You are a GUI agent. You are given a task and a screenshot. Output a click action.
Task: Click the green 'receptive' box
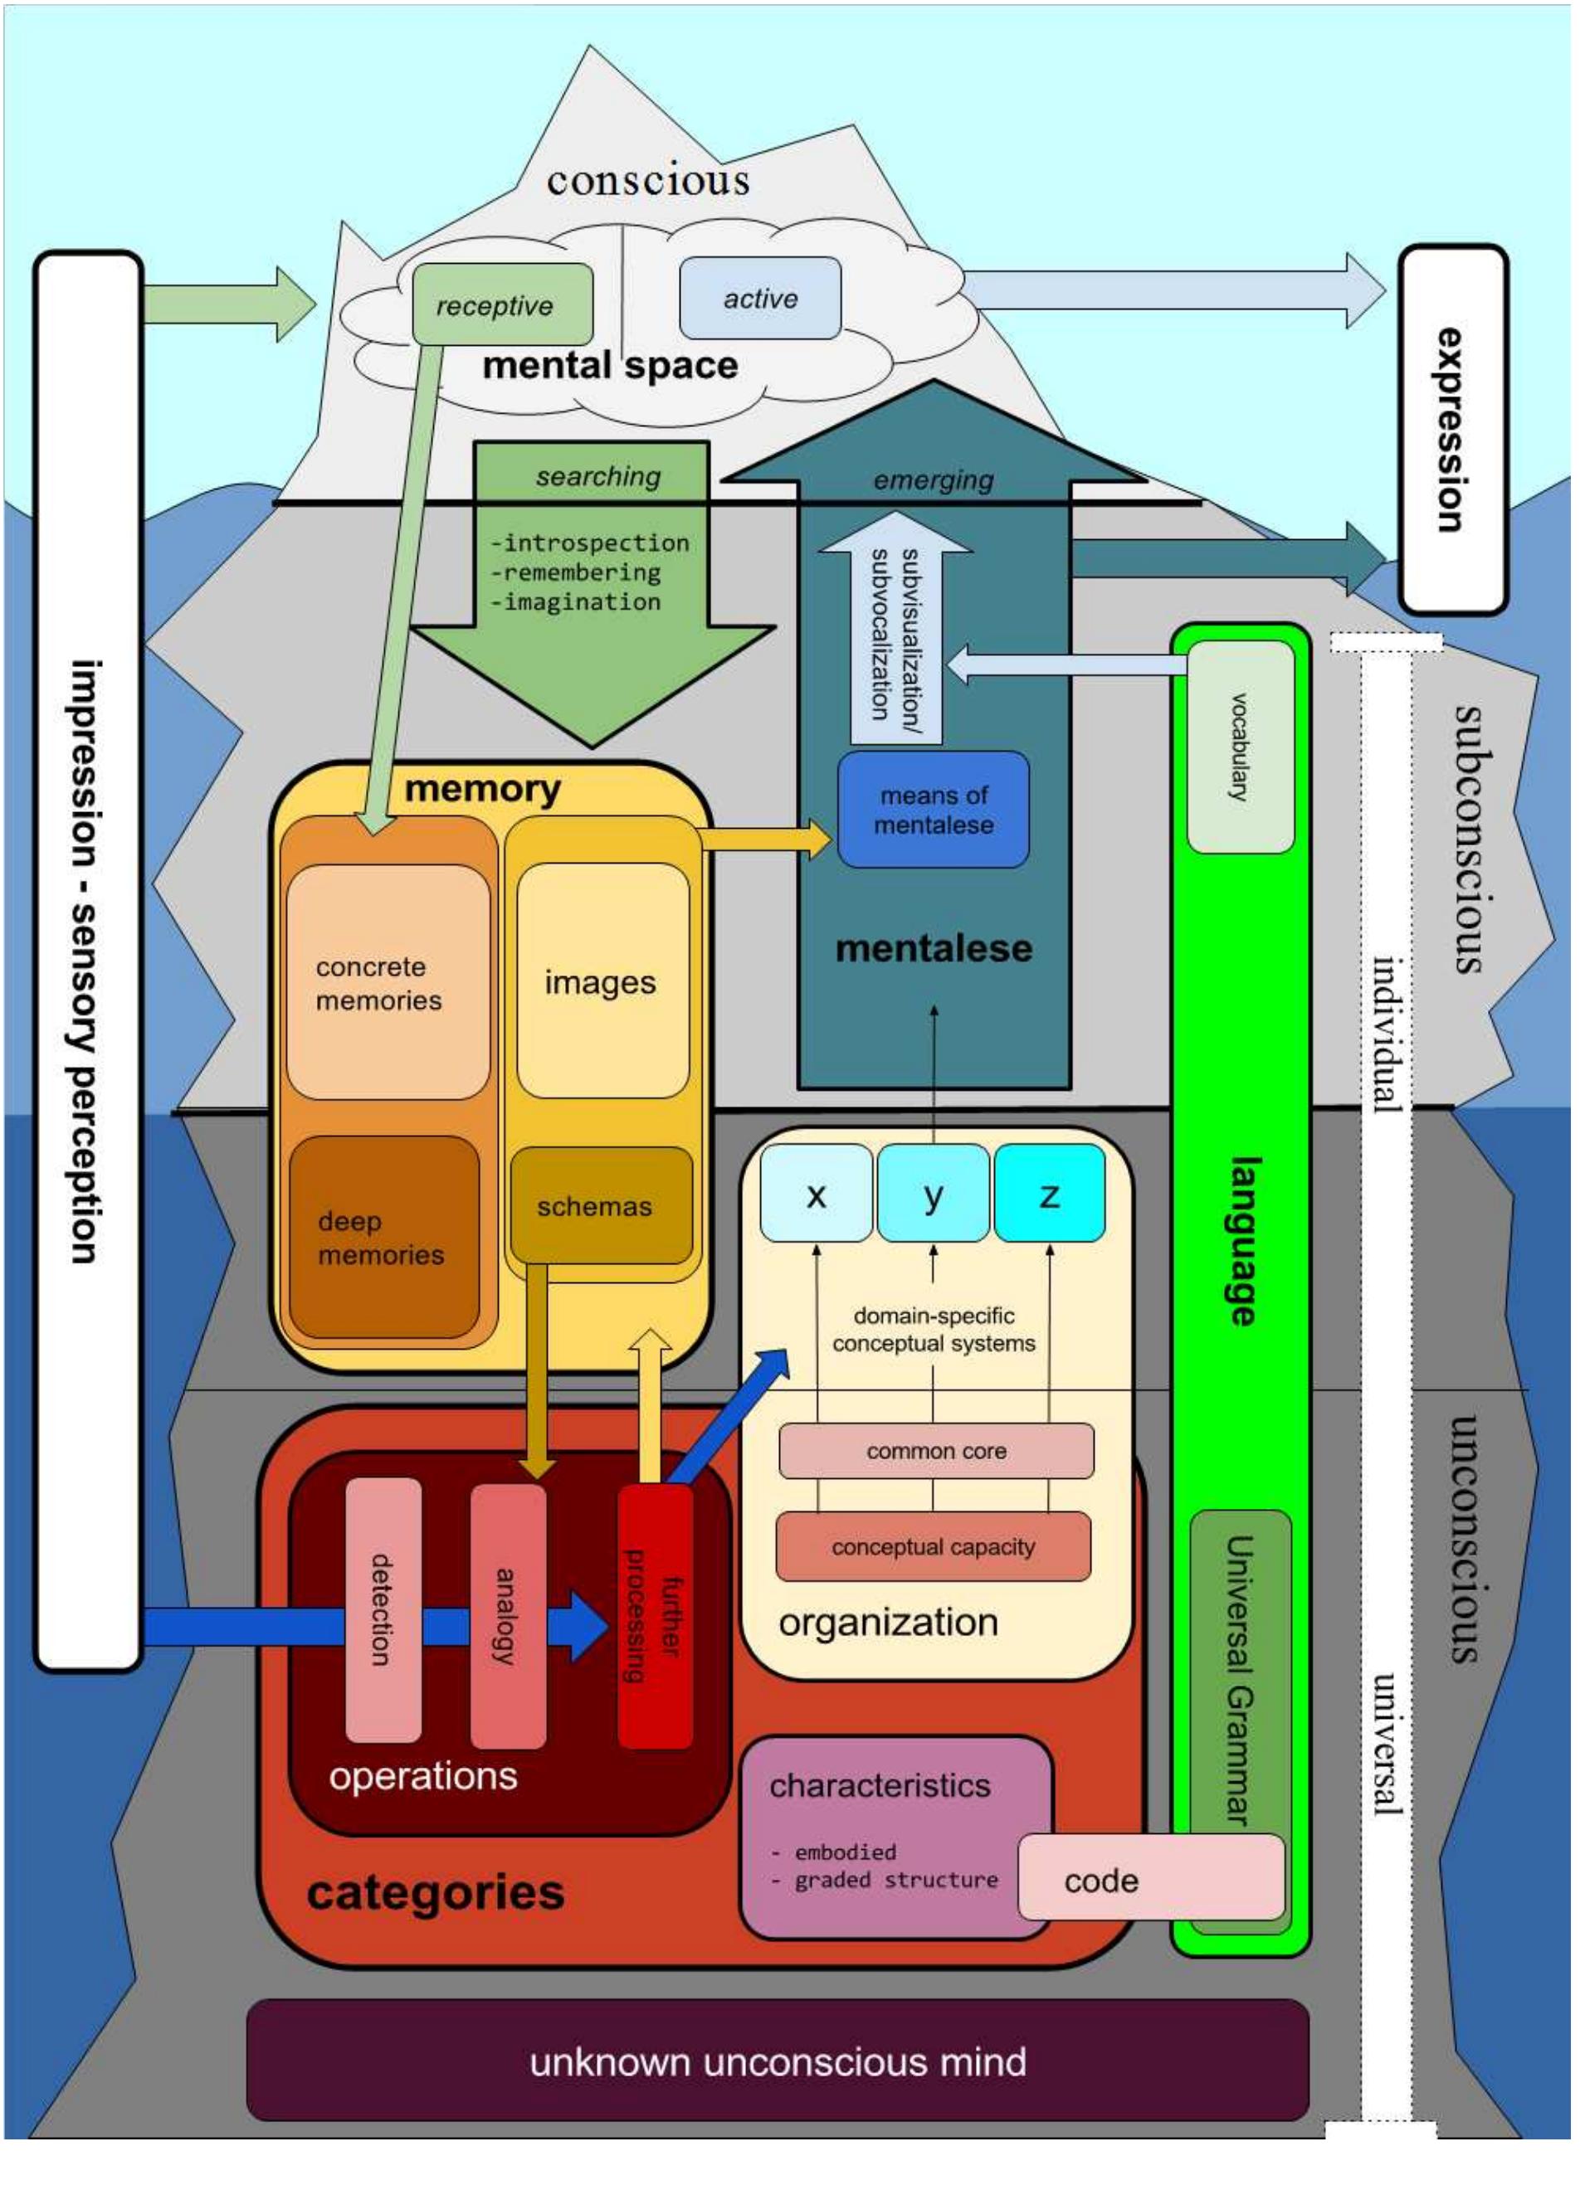[502, 304]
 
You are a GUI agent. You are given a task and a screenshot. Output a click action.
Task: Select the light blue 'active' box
[760, 298]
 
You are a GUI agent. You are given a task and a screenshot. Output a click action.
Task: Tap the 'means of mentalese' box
[933, 809]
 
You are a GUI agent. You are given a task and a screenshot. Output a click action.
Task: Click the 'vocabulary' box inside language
[1239, 747]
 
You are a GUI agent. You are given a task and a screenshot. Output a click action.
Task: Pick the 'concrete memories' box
[388, 982]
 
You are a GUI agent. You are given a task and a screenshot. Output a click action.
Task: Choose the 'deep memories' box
[384, 1237]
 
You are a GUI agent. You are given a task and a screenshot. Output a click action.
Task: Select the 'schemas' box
[601, 1205]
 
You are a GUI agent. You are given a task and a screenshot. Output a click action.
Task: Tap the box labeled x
[817, 1194]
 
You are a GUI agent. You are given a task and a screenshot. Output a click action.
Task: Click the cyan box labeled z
[1049, 1194]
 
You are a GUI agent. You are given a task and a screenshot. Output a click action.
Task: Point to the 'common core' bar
[936, 1450]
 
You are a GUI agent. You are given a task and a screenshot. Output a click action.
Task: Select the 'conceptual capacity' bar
[933, 1546]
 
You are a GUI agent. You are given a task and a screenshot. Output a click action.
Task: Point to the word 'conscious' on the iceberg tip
[648, 181]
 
